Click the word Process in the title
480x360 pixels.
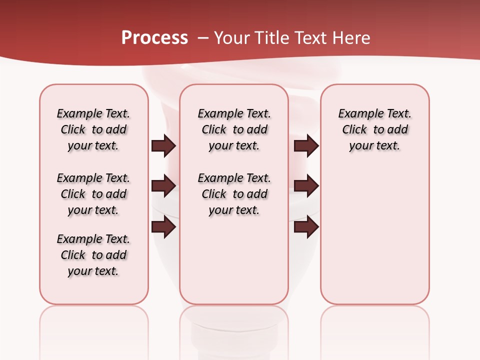tap(154, 38)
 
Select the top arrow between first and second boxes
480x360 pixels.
tap(163, 146)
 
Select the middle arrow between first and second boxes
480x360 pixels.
tap(163, 186)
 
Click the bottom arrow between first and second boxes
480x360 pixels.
tap(163, 227)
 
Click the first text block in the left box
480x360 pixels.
tap(93, 129)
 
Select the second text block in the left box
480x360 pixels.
tap(93, 194)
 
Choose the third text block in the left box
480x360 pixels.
tap(93, 255)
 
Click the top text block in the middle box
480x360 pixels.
tap(234, 129)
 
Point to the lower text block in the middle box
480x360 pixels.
tap(234, 194)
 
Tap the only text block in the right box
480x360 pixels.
tap(374, 129)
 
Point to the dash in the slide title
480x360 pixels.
tap(203, 38)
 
